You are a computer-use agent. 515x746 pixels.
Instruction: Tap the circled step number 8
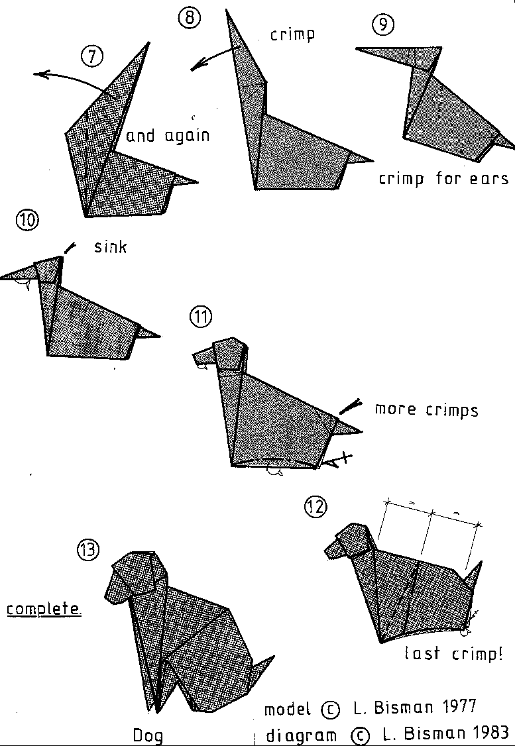188,18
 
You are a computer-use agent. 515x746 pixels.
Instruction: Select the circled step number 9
382,25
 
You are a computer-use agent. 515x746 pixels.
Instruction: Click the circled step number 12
315,507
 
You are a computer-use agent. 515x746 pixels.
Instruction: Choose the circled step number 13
88,549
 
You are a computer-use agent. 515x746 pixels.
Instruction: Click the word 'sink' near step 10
109,248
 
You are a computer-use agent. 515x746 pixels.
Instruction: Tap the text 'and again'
168,136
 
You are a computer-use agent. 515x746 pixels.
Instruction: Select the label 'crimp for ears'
443,179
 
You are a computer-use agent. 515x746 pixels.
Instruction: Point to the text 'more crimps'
426,409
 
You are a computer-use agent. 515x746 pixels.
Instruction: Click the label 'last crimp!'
453,655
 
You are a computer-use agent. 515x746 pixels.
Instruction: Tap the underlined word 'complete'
44,608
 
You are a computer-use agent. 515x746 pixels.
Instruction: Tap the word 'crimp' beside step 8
292,34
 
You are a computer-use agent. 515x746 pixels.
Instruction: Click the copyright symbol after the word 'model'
329,710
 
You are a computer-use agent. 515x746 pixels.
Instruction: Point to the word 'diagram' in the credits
298,735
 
